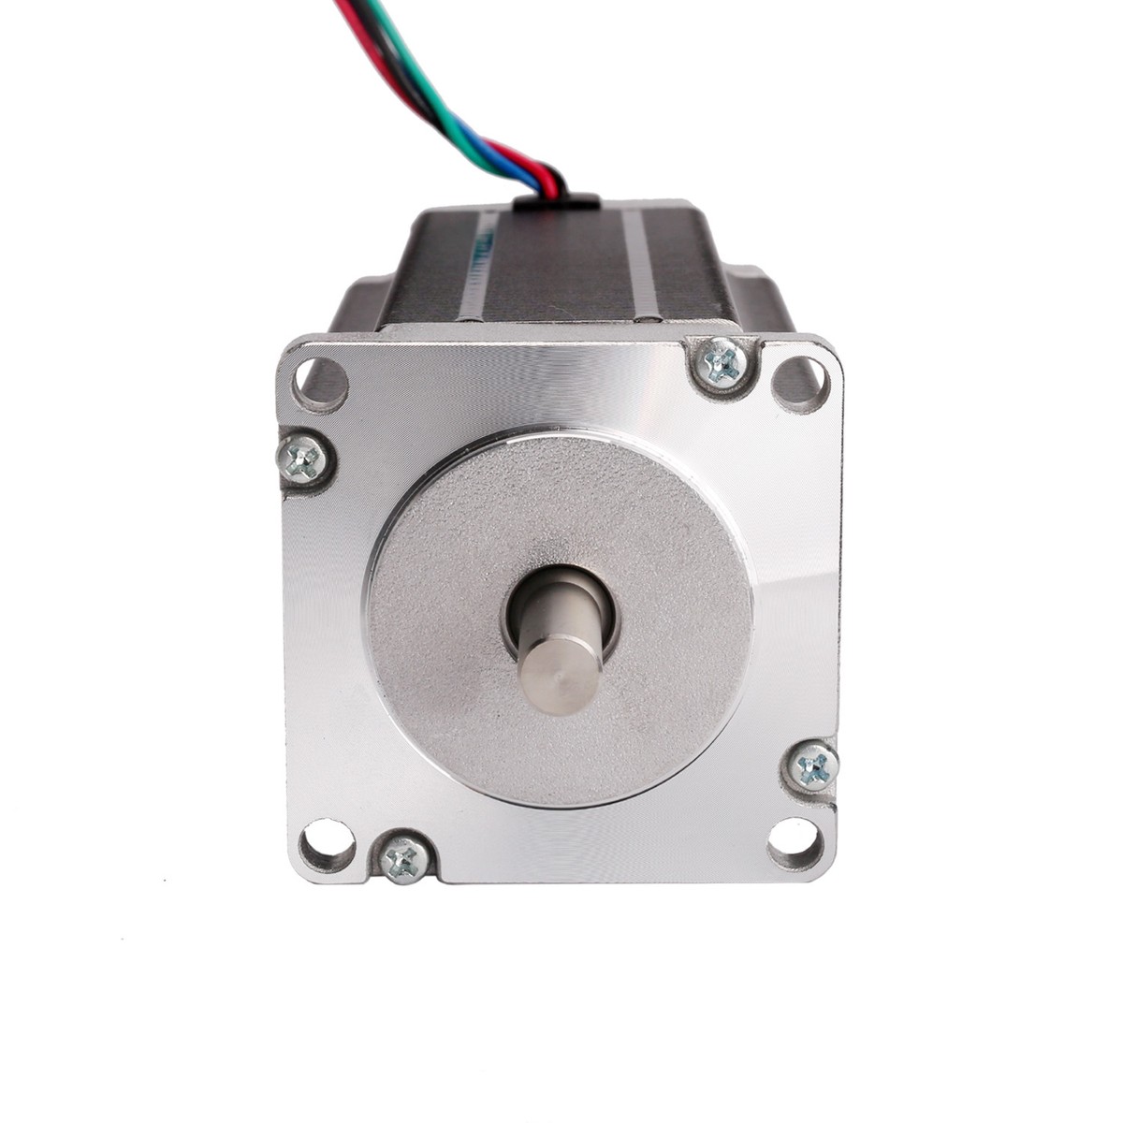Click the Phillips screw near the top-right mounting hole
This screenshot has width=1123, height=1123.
(x=723, y=362)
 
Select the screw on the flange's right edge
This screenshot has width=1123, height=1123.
(x=812, y=767)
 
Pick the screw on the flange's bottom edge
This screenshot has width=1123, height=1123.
(x=405, y=856)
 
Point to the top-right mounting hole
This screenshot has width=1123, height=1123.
(x=800, y=382)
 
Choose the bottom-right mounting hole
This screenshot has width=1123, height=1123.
(x=795, y=843)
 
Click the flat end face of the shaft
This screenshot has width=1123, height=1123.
(x=561, y=674)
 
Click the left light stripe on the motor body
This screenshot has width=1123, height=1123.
(x=473, y=271)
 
